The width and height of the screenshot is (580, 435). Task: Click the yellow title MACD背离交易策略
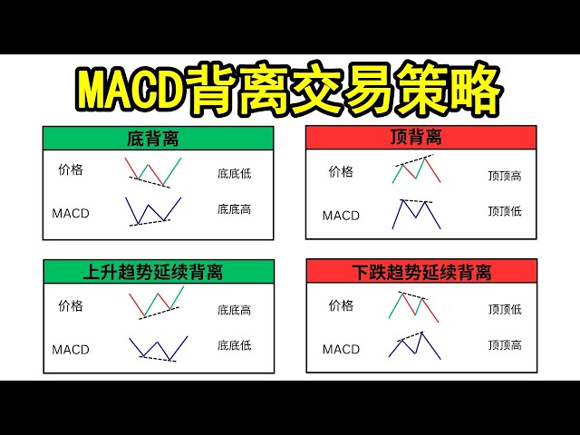click(289, 90)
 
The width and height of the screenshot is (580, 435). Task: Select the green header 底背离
click(158, 140)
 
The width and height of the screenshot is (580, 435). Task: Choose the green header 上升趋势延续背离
click(158, 271)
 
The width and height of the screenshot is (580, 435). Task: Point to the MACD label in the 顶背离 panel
click(341, 216)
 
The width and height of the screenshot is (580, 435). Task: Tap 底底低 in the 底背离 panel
click(234, 174)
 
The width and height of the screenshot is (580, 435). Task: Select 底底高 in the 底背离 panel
click(234, 209)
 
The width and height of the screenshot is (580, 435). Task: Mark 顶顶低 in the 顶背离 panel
click(504, 211)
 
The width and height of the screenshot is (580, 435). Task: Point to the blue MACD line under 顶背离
click(416, 213)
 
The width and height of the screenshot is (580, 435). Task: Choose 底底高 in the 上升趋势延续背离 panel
click(234, 310)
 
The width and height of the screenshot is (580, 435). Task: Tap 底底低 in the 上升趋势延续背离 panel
click(234, 345)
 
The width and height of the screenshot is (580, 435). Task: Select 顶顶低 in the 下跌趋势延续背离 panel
click(504, 310)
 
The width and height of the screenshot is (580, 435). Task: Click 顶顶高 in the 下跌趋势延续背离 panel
click(504, 344)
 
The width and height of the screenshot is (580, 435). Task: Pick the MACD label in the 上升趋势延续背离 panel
click(70, 349)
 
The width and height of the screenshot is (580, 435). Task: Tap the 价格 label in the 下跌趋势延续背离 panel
click(341, 306)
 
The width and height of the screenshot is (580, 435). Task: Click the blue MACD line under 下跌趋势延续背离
click(414, 345)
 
